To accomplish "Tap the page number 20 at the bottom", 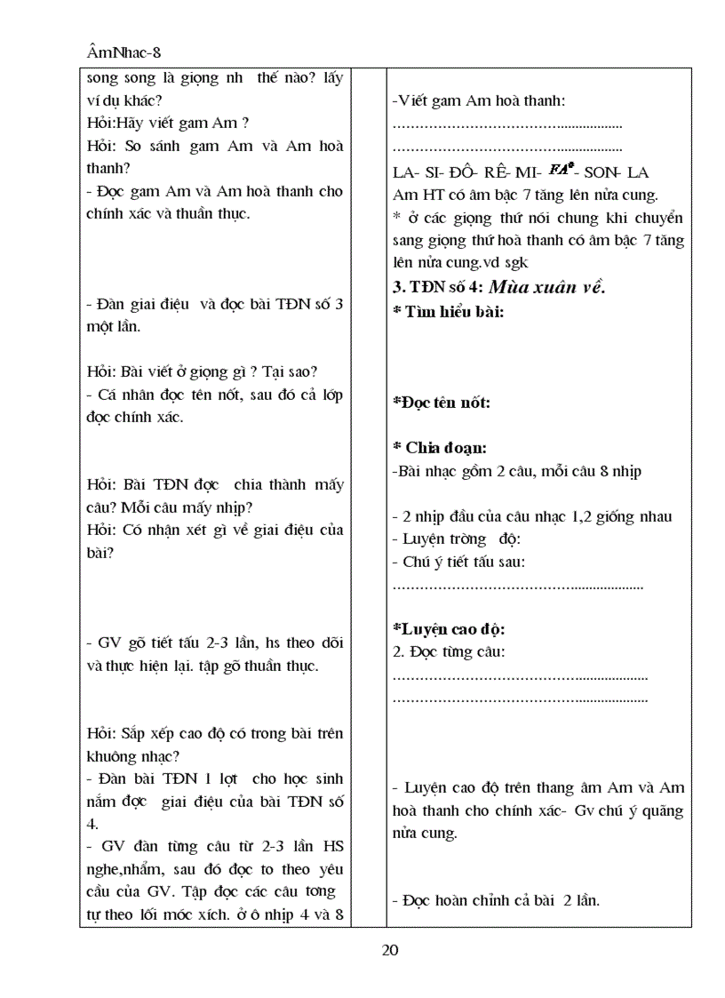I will coord(389,950).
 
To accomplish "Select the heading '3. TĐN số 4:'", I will coord(436,287).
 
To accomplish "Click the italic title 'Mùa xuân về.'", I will coord(546,286).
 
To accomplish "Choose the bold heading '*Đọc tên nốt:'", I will coord(442,403).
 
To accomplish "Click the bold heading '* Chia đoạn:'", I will coord(439,448).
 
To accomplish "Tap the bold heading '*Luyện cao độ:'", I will coord(449,629).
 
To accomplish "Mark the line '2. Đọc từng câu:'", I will coord(449,652).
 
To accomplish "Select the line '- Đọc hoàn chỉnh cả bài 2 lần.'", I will coord(496,900).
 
